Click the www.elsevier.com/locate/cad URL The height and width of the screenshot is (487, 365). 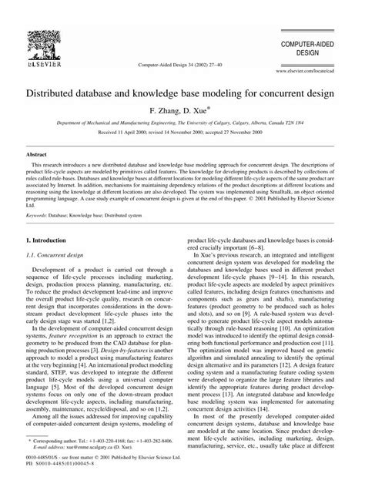[320, 69]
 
